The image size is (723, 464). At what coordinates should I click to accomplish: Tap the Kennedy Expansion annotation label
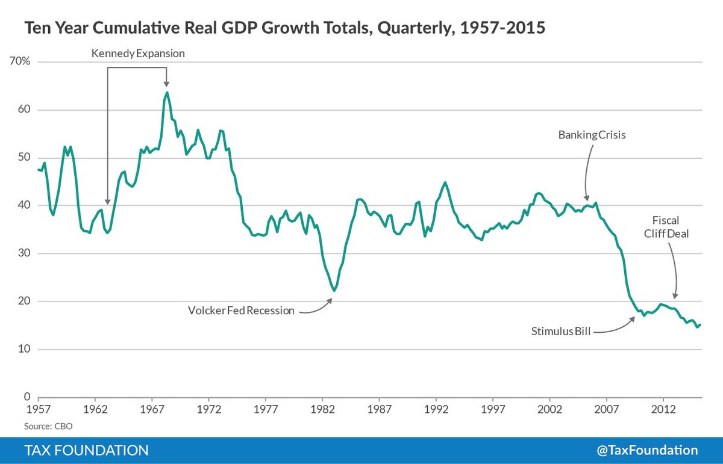(138, 54)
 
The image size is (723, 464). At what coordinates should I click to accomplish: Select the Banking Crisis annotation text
(592, 135)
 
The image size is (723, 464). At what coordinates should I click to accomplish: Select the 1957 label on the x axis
(39, 409)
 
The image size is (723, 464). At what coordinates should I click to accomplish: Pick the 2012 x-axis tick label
(664, 409)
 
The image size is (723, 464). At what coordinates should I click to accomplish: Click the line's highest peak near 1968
(167, 92)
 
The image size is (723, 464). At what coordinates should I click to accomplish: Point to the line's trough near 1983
(333, 291)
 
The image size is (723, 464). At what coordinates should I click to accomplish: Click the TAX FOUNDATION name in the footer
(86, 450)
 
